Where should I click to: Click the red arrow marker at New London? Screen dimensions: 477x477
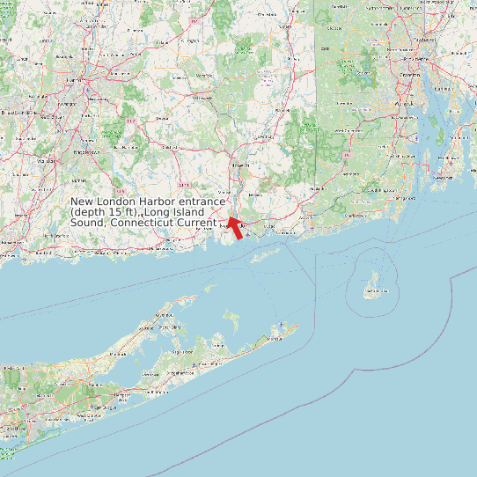pos(233,227)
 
